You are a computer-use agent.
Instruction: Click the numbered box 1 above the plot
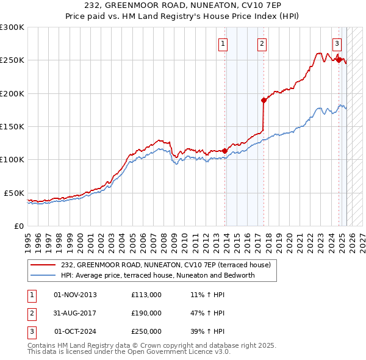pyautogui.click(x=223, y=43)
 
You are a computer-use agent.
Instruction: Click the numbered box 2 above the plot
pyautogui.click(x=262, y=43)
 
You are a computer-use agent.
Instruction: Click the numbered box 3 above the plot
pyautogui.click(x=337, y=43)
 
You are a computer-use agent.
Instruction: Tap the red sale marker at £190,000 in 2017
pyautogui.click(x=264, y=100)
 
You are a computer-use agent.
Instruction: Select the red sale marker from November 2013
pyautogui.click(x=224, y=151)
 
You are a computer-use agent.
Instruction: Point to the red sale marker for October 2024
pyautogui.click(x=339, y=60)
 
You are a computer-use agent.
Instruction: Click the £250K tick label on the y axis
pyautogui.click(x=12, y=60)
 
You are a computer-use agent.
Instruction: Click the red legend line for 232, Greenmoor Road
pyautogui.click(x=43, y=265)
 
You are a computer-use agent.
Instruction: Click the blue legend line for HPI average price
pyautogui.click(x=43, y=275)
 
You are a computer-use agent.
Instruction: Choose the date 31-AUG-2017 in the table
pyautogui.click(x=75, y=313)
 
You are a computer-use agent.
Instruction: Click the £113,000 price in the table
pyautogui.click(x=146, y=295)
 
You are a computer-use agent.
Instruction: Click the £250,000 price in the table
pyautogui.click(x=146, y=331)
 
